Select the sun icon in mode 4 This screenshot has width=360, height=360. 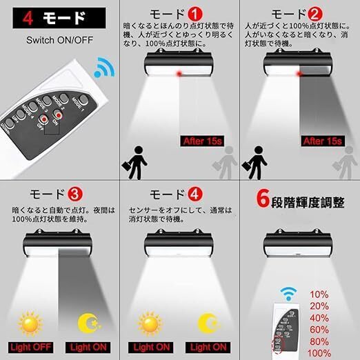click(149, 322)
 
